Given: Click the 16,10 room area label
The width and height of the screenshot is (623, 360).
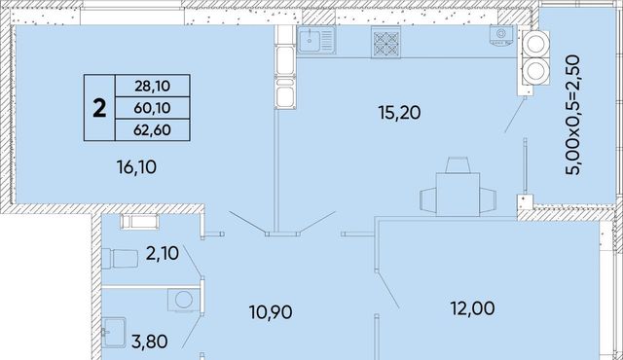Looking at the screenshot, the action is (x=136, y=167).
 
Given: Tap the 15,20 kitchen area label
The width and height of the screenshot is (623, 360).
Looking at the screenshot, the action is (x=400, y=113).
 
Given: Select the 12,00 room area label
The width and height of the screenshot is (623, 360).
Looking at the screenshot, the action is (x=473, y=308).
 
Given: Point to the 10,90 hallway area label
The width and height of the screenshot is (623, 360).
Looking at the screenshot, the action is (x=271, y=312).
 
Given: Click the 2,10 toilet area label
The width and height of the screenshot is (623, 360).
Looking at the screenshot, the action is (x=163, y=253).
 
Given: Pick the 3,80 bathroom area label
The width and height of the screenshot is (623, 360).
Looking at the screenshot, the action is (x=149, y=342).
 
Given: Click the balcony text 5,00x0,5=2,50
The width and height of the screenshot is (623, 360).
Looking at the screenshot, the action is (x=573, y=115).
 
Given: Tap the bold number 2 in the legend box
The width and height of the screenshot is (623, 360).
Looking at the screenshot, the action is (x=99, y=108).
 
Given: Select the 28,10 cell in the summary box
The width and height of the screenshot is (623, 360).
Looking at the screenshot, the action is (x=152, y=86).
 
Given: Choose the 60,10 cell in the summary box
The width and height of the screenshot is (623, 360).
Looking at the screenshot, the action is (x=152, y=108).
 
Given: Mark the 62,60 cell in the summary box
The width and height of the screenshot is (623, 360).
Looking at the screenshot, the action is (x=152, y=129).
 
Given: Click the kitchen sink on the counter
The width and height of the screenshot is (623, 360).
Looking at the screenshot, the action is (x=316, y=40).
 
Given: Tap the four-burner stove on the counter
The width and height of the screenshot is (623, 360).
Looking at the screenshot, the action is (x=385, y=42).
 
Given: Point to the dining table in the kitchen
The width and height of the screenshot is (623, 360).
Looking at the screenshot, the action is (x=458, y=194).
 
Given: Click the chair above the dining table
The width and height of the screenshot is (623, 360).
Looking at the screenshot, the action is (x=458, y=165).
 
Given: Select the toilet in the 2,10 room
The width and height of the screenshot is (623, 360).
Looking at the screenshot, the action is (x=120, y=259).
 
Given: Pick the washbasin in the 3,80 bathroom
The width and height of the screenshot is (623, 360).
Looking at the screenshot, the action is (x=114, y=333).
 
